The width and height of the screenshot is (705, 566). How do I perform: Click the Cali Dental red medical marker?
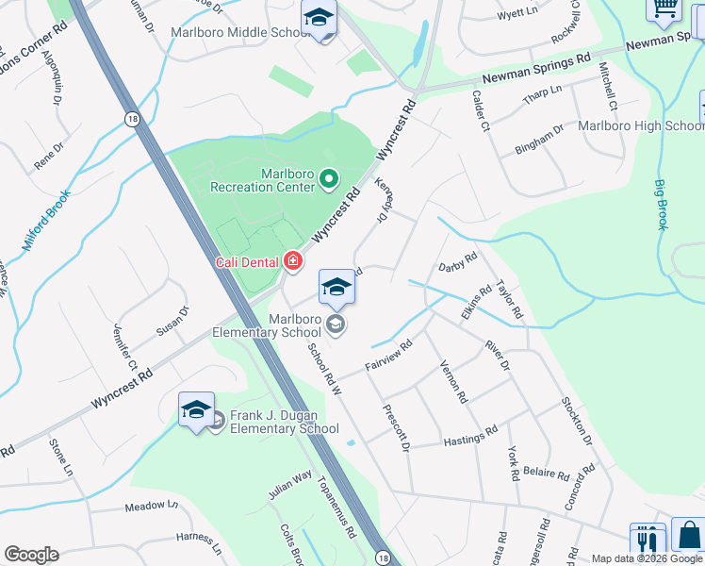[x=293, y=260]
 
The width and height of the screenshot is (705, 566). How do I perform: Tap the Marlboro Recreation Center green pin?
[x=328, y=177]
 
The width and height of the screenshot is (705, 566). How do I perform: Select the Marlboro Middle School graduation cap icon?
[x=319, y=18]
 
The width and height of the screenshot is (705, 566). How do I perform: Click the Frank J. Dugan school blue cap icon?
[x=196, y=410]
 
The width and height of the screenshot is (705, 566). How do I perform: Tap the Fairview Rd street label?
[x=387, y=358]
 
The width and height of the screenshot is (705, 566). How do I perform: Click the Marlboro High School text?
[x=641, y=125]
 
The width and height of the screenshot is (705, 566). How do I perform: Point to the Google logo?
[x=31, y=554]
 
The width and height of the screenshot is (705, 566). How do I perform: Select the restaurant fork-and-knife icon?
[x=648, y=541]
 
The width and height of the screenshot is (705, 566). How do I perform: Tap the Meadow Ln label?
[x=152, y=507]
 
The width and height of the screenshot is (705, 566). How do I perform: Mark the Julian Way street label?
[x=289, y=484]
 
